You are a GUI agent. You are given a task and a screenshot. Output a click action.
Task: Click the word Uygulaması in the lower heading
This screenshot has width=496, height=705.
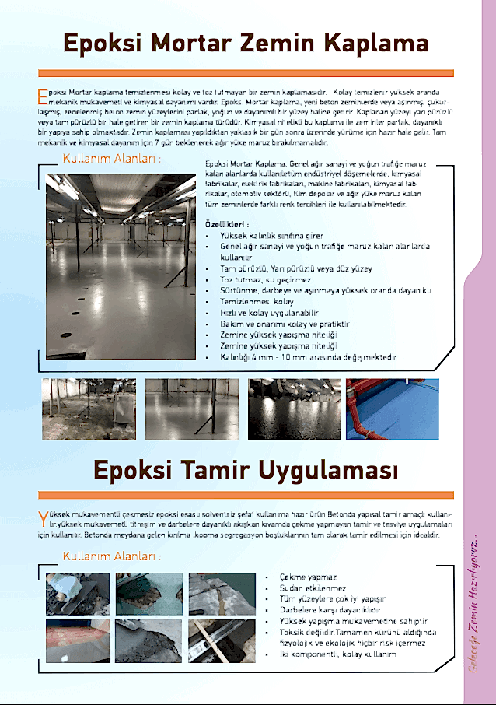(334, 471)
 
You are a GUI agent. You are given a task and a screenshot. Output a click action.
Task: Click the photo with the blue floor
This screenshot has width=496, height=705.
(393, 409)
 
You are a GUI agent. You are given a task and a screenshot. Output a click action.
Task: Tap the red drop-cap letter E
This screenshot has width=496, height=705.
(42, 96)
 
